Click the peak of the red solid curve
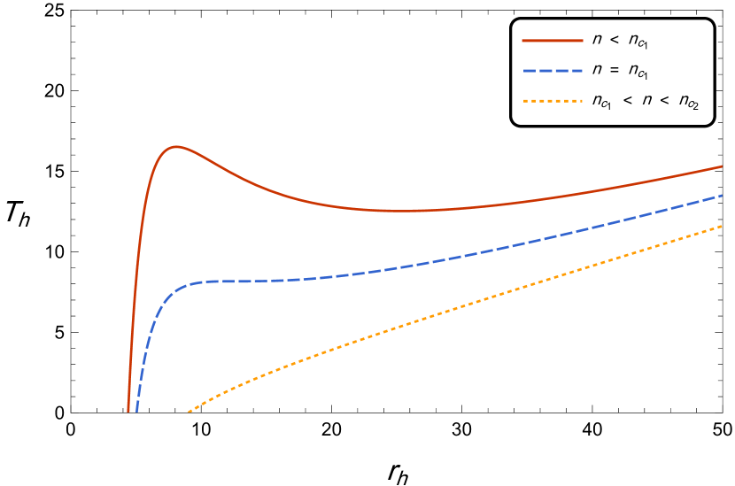(177, 147)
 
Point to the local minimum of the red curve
(403, 211)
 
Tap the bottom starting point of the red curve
(128, 411)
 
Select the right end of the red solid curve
(722, 166)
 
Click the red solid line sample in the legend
(553, 41)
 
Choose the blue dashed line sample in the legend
(553, 71)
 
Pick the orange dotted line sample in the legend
(553, 101)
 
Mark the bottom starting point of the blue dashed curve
(136, 411)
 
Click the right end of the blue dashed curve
(722, 195)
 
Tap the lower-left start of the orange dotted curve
(189, 412)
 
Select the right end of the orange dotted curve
(722, 227)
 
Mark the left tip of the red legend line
(523, 41)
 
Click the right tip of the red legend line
(583, 41)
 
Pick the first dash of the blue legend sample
(530, 71)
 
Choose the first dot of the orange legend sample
(525, 101)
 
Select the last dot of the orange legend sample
(580, 101)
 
